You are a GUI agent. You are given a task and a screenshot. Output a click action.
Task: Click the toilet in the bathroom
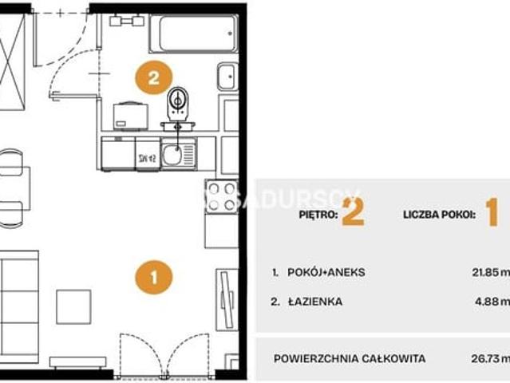click(180, 103)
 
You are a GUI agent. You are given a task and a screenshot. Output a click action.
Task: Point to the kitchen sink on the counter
click(173, 152)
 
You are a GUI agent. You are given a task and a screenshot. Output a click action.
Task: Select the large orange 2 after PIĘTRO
click(352, 212)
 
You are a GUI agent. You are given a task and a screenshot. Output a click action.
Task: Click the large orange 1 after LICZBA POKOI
click(491, 212)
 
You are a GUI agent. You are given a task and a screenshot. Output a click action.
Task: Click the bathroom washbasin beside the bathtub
click(226, 77)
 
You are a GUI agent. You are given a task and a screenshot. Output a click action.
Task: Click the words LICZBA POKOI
click(440, 214)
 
